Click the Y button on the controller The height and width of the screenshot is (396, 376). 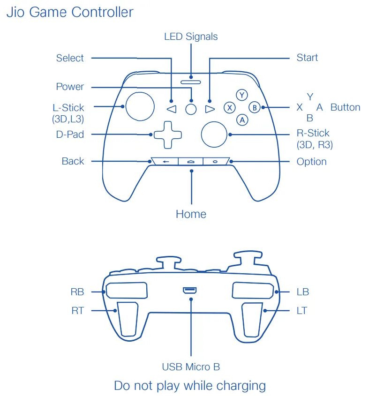[x=241, y=95]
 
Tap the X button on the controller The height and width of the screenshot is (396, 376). [x=229, y=108]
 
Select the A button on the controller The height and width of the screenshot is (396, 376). [x=242, y=120]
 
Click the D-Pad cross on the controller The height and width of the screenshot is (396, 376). [x=167, y=134]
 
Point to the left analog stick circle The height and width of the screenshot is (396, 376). [x=139, y=106]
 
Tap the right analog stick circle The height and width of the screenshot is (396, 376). [x=215, y=134]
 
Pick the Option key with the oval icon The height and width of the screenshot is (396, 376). [x=215, y=161]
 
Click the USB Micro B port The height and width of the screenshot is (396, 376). [x=190, y=291]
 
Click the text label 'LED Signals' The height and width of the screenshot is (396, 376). [x=191, y=37]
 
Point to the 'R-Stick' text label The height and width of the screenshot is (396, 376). [x=313, y=133]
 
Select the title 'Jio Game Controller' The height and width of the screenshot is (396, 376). [x=70, y=12]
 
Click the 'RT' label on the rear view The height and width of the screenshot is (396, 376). [x=77, y=311]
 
